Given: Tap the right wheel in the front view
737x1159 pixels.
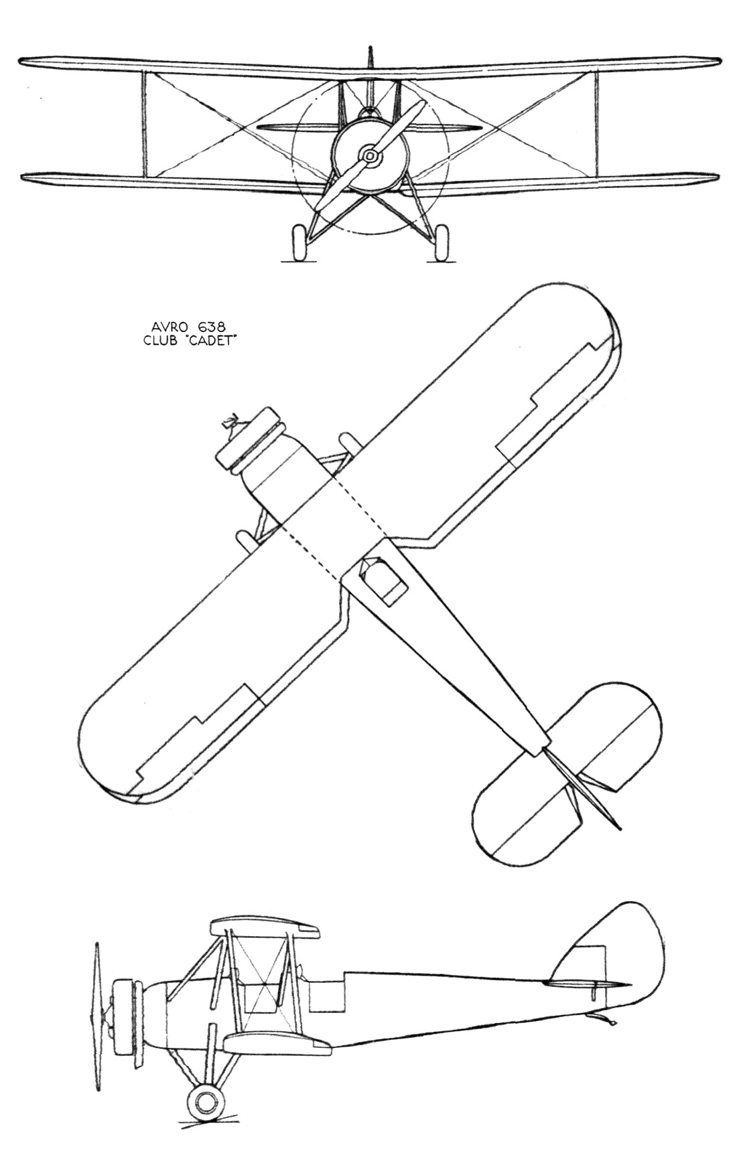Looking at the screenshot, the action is (442, 244).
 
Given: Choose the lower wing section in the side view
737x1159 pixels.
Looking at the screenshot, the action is (277, 1043).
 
